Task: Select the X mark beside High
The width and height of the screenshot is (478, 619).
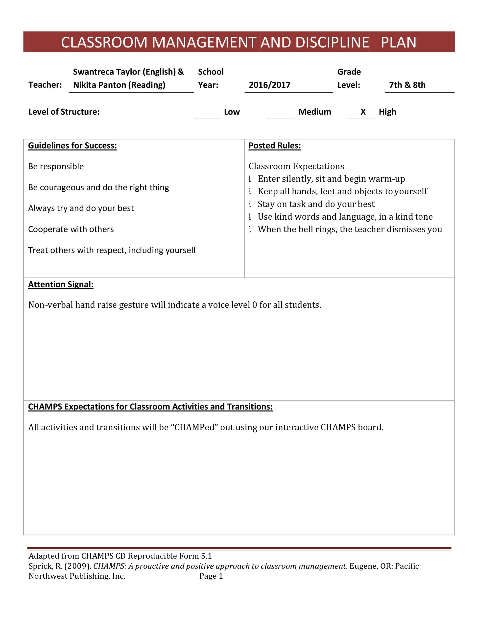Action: pyautogui.click(x=363, y=112)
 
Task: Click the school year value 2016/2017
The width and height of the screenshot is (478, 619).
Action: pyautogui.click(x=270, y=85)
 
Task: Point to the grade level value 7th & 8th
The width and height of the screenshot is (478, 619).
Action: pyautogui.click(x=407, y=85)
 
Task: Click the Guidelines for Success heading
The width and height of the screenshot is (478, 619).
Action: pyautogui.click(x=72, y=146)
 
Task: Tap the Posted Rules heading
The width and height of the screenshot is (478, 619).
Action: pyautogui.click(x=275, y=146)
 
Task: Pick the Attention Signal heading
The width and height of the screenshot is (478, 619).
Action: pyautogui.click(x=61, y=284)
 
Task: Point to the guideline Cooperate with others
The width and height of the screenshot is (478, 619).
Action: pyautogui.click(x=71, y=229)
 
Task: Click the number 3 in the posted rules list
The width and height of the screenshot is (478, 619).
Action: pyautogui.click(x=250, y=204)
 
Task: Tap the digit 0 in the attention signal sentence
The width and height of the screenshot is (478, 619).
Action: pyautogui.click(x=254, y=305)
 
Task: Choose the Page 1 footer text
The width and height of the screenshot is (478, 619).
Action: pyautogui.click(x=211, y=576)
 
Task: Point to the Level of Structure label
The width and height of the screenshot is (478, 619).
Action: pyautogui.click(x=64, y=112)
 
